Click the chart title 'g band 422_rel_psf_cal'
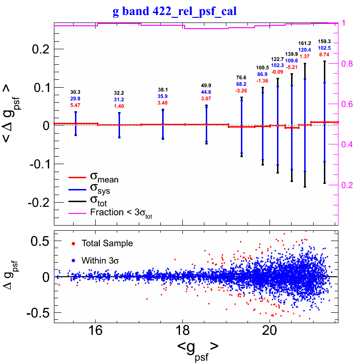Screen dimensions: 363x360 [x=174, y=11]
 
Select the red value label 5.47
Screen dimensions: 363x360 [x=75, y=106]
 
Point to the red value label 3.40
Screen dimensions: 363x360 [x=163, y=103]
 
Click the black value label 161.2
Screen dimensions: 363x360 [x=305, y=43]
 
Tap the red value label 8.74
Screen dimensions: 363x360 [x=324, y=54]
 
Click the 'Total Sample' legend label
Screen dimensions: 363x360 [x=107, y=243]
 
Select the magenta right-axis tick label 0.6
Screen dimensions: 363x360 [x=347, y=104]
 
